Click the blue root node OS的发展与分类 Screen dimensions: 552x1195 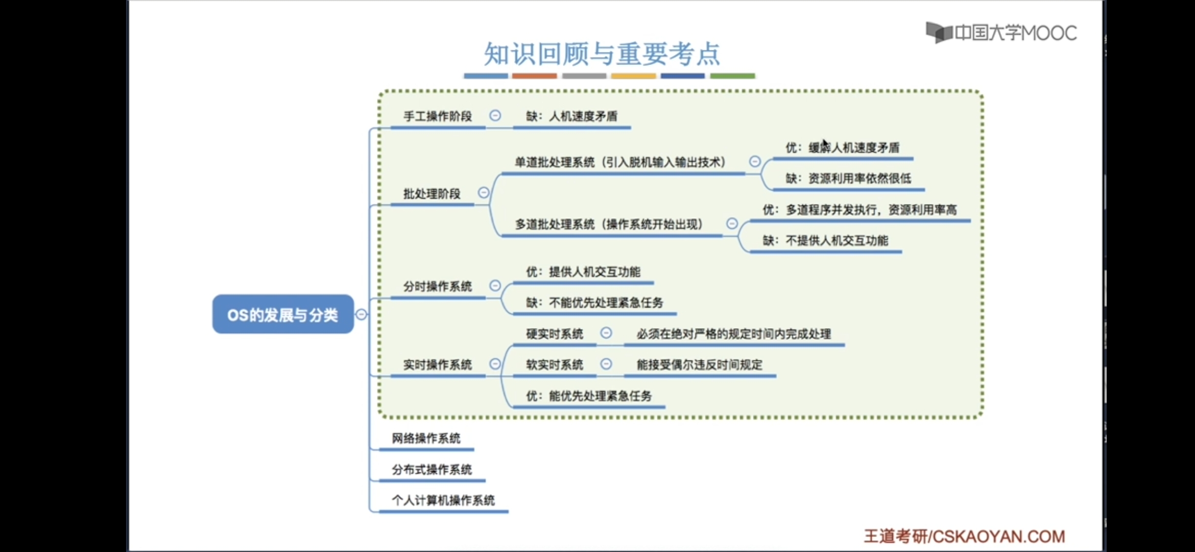tap(283, 314)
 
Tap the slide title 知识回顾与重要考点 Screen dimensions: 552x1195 tap(602, 54)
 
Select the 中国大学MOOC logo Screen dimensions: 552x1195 tap(1001, 33)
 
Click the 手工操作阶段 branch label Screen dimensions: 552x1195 tap(438, 117)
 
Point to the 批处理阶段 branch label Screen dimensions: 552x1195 tap(432, 194)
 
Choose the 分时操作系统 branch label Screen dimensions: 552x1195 tap(438, 286)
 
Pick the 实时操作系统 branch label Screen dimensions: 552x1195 tap(438, 364)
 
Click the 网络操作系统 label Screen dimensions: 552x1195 tap(426, 438)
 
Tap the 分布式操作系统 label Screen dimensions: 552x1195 tap(432, 469)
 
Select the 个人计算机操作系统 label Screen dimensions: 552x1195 tap(443, 500)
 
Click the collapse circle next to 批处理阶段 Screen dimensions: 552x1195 tap(484, 193)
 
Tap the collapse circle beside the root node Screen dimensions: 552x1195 tap(362, 314)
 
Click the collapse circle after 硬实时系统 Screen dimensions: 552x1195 tap(606, 333)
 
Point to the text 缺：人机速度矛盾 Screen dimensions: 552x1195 tap(572, 117)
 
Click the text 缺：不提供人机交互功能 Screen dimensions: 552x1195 tap(826, 240)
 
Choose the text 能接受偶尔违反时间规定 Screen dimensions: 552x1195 tap(700, 364)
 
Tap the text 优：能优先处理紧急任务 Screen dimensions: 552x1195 tap(589, 396)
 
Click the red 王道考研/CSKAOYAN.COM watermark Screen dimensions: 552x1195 tap(964, 536)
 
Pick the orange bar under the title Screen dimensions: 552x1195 tap(535, 76)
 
